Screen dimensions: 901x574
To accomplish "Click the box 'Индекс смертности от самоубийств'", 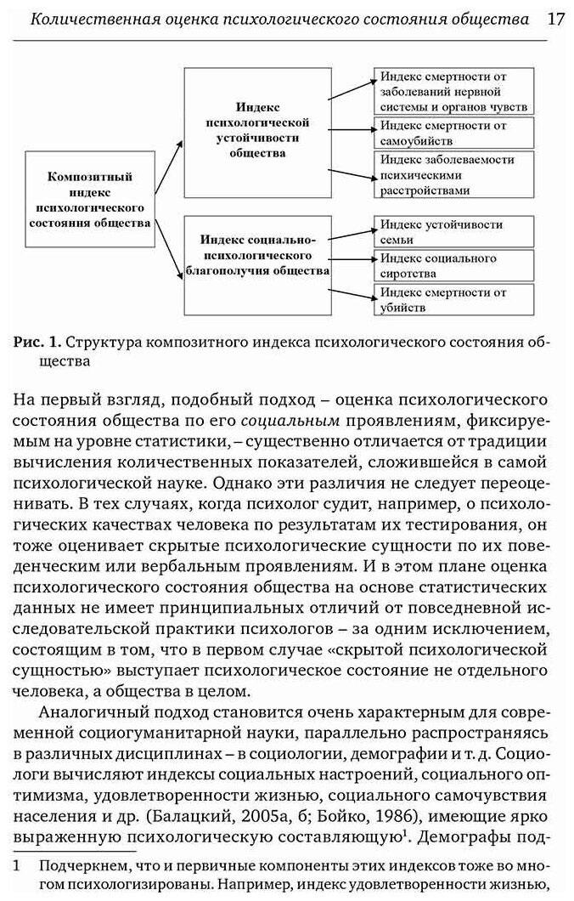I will click(453, 133).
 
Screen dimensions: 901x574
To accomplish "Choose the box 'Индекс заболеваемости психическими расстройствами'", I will click(453, 174).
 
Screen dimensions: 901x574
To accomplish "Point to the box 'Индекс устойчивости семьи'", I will click(453, 230).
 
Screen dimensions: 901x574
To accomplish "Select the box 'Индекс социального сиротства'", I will click(453, 265).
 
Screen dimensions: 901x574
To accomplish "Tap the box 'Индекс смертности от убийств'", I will click(453, 300).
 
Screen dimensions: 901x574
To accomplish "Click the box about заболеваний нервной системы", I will click(453, 91).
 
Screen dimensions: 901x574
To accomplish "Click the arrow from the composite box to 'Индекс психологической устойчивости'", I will click(168, 165).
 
